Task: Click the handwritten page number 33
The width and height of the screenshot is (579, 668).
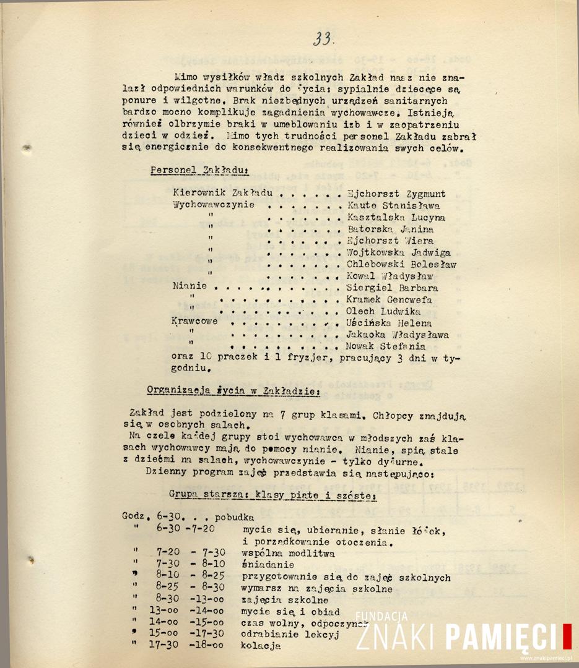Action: tap(323, 39)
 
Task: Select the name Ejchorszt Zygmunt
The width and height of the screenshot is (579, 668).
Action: tap(396, 194)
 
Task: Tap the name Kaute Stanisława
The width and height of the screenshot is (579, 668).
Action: tap(393, 205)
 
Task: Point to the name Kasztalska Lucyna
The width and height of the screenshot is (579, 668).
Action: tap(396, 218)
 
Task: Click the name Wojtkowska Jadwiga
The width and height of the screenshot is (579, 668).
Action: tap(398, 252)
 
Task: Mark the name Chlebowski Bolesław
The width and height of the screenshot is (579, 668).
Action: tap(401, 264)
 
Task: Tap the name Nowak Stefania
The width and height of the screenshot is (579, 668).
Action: tap(386, 346)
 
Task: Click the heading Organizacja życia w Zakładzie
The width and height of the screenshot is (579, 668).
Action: tap(233, 390)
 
